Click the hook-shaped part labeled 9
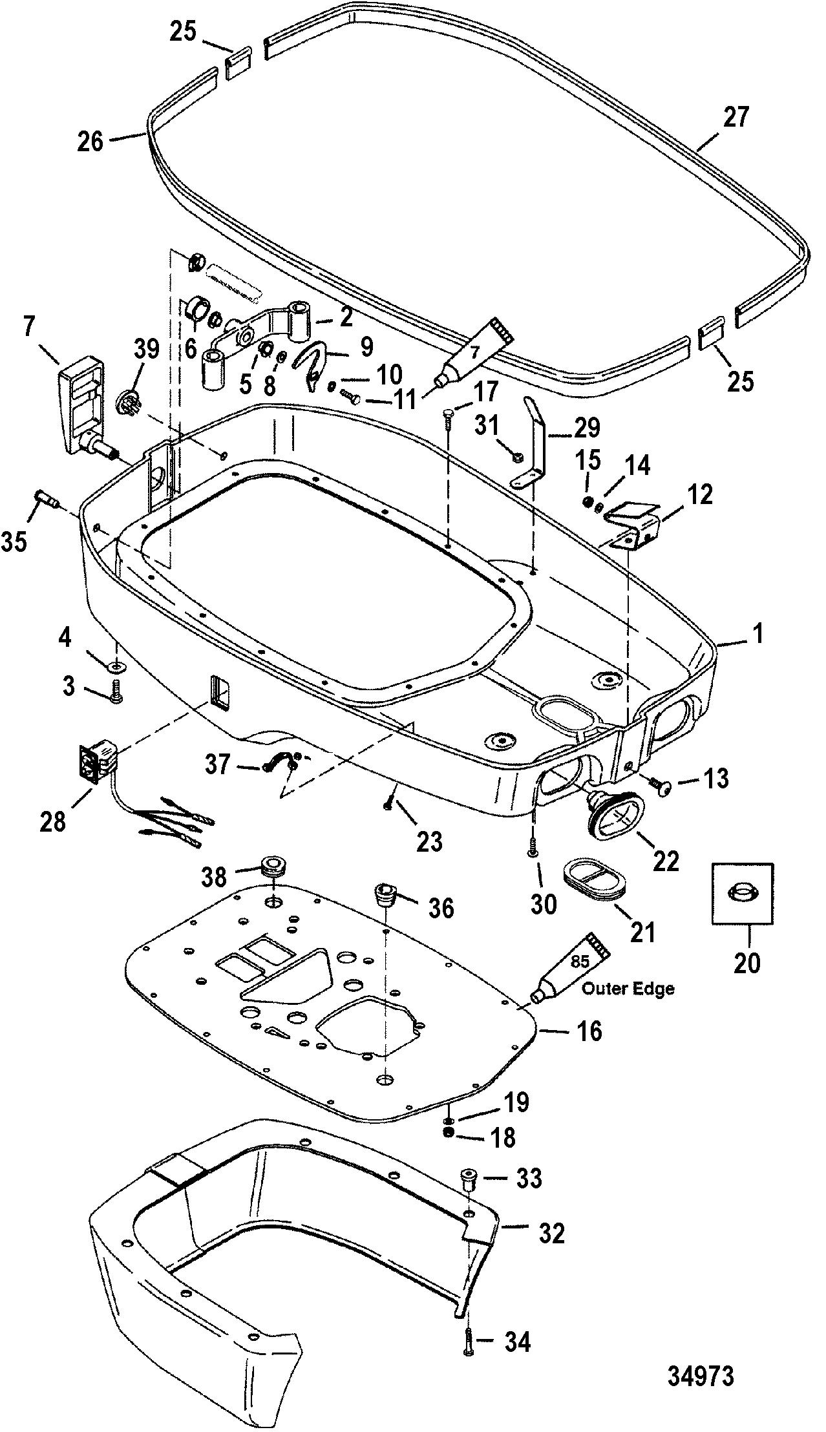pyautogui.click(x=315, y=368)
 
